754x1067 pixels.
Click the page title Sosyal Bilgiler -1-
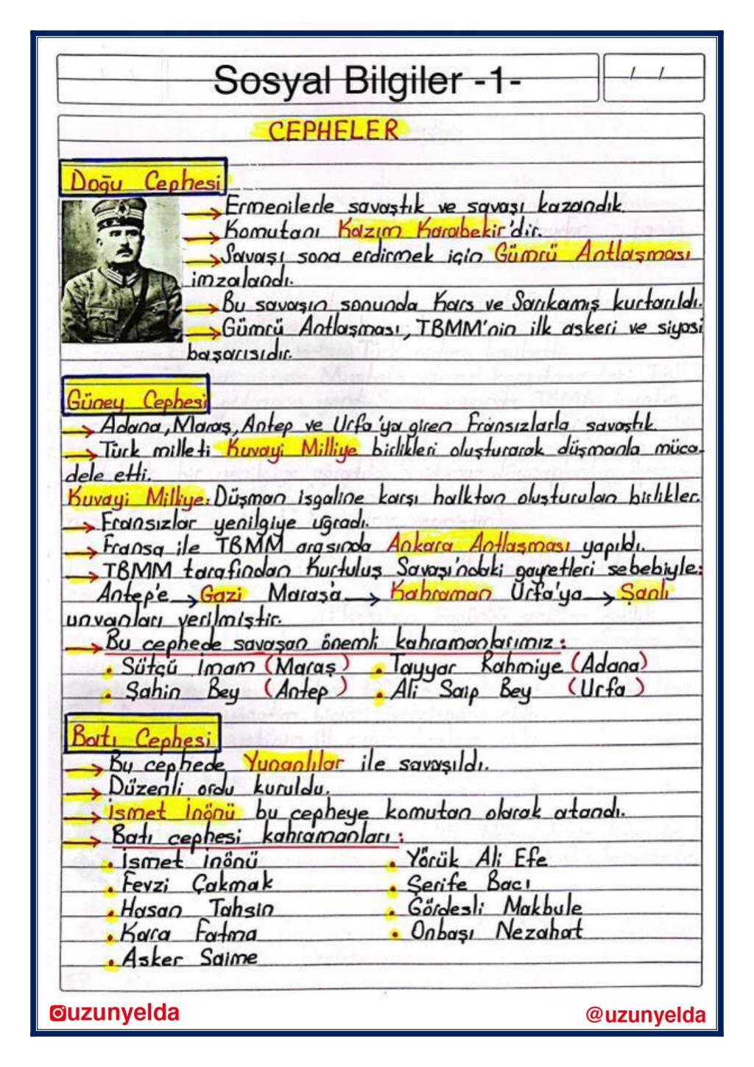367,80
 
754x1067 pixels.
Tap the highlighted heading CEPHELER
333,131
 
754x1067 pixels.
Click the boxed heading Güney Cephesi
137,400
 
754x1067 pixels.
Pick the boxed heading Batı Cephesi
142,735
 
